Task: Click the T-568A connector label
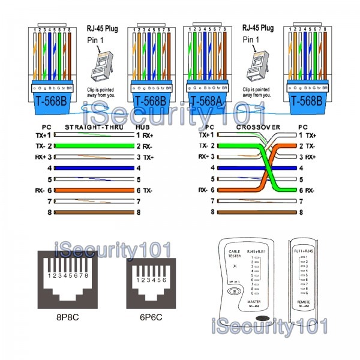pos(206,99)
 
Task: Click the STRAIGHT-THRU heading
pos(90,128)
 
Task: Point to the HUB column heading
pos(142,128)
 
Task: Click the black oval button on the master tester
pos(260,318)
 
